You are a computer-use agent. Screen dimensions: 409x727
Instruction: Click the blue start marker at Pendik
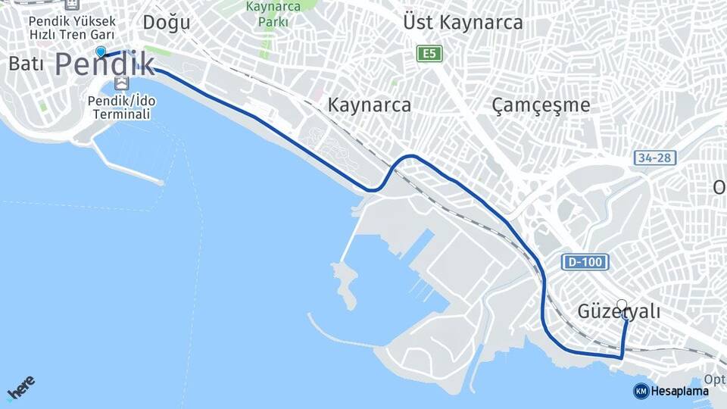[x=101, y=52]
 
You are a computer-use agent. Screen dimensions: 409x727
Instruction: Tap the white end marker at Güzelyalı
[x=622, y=304]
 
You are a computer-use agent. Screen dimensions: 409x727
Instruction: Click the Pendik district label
[x=105, y=64]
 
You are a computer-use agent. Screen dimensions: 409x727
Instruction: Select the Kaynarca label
[x=370, y=105]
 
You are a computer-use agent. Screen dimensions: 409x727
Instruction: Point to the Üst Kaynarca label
[x=463, y=23]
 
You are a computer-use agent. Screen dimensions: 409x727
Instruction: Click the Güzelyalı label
[x=619, y=311]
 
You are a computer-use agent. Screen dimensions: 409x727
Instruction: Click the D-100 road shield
[x=585, y=262]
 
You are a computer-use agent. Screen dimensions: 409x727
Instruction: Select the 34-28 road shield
[x=655, y=158]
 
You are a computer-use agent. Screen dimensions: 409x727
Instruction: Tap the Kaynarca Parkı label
[x=273, y=14]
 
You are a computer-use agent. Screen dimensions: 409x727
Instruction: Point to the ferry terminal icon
[x=120, y=82]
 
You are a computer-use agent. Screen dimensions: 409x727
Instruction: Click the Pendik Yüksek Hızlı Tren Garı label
[x=73, y=28]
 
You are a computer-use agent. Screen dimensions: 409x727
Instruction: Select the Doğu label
[x=167, y=23]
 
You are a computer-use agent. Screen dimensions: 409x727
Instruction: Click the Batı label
[x=26, y=64]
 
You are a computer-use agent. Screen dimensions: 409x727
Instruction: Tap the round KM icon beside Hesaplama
[x=641, y=391]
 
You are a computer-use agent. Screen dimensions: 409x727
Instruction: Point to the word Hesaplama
[x=680, y=391]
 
